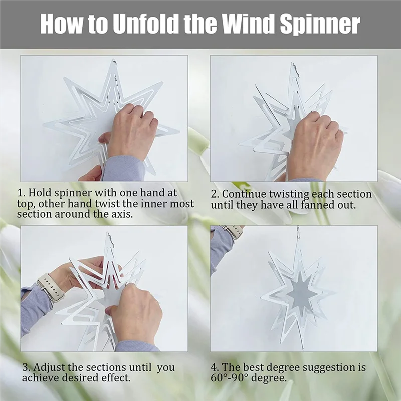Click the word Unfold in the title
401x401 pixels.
point(145,24)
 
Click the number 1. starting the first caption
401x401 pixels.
point(21,193)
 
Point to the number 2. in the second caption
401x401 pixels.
point(215,194)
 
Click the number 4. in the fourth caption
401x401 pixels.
point(215,367)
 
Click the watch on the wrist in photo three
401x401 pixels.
point(51,287)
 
